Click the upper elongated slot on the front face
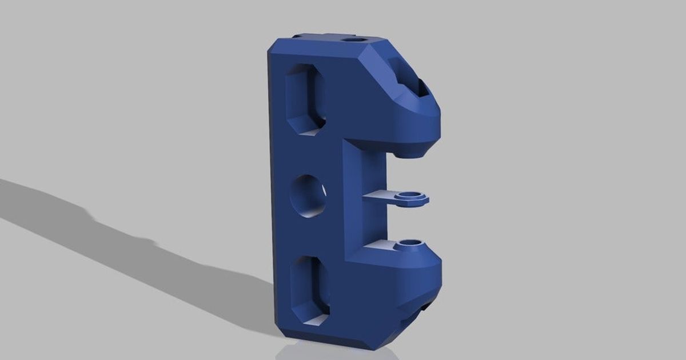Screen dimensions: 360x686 point(305,98)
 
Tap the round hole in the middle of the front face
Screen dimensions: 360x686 point(309,197)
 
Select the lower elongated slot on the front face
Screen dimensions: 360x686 point(309,290)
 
